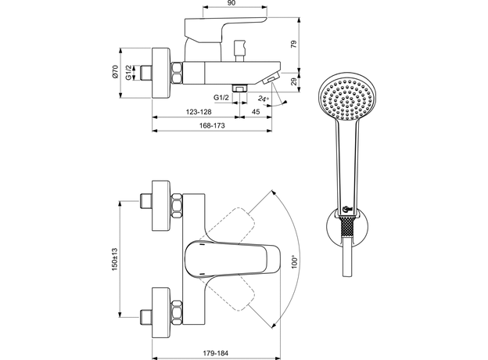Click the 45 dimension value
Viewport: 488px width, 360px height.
click(x=255, y=111)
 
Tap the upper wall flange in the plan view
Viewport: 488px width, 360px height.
click(x=160, y=204)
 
